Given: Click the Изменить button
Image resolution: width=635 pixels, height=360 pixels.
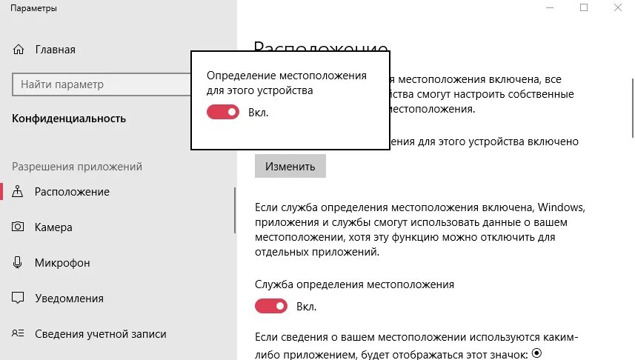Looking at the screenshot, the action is click(290, 166).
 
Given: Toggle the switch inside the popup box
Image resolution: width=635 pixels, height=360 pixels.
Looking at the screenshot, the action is click(222, 112).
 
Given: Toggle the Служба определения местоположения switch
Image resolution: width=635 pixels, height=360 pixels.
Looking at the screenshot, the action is click(270, 306).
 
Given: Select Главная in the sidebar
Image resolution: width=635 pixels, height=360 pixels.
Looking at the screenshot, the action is click(55, 50).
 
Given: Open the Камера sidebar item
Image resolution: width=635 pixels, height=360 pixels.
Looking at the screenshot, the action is click(53, 227).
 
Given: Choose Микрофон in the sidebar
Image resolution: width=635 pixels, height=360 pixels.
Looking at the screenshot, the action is click(62, 263).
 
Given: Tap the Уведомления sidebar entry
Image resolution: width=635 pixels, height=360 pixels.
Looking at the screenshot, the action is click(69, 299).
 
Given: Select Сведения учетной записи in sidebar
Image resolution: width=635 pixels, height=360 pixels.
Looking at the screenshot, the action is click(100, 334).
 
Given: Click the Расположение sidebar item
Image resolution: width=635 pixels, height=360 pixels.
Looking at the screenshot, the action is click(72, 192).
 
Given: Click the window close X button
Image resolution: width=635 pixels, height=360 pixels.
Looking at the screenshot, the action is click(617, 7).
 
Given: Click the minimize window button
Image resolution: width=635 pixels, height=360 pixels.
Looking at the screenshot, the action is click(550, 7).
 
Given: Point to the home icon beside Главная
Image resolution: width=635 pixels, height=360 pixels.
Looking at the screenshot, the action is click(19, 50).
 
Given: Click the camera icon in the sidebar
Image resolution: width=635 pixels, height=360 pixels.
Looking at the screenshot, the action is click(19, 227).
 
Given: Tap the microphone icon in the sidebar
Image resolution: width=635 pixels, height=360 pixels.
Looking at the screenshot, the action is click(19, 263).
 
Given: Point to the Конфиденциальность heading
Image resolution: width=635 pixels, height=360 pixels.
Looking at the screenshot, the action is click(69, 119).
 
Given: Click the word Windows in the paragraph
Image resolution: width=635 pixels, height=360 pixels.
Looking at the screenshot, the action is click(561, 206).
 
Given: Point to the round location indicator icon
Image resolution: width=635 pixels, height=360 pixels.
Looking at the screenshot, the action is click(537, 353).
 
